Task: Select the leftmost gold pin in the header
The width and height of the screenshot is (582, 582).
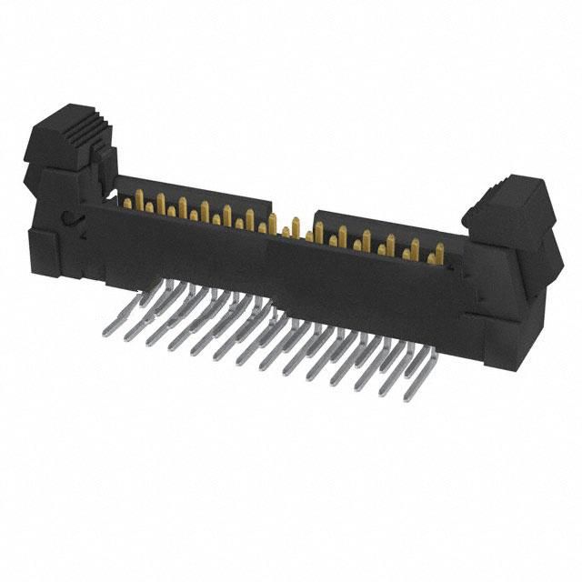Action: click(125, 202)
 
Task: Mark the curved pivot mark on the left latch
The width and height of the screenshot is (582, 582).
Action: click(68, 218)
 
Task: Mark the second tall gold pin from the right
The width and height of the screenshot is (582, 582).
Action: click(415, 247)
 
